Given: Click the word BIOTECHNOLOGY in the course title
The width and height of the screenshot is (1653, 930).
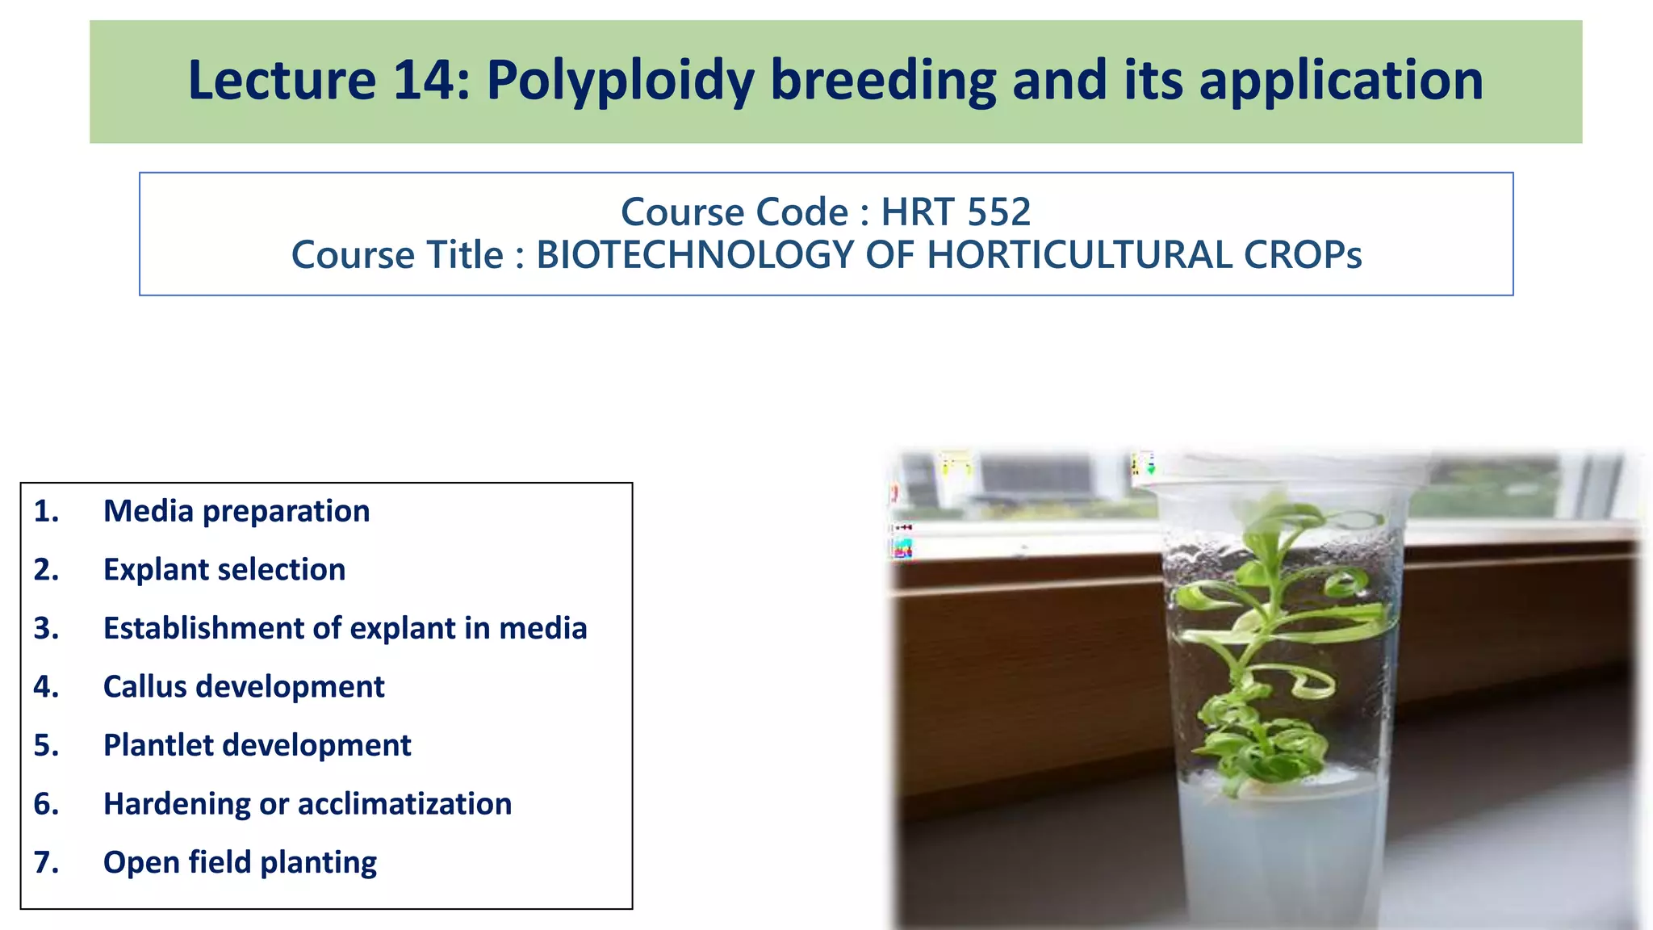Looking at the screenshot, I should (x=694, y=255).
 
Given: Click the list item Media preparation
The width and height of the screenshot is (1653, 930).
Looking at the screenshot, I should (x=236, y=511).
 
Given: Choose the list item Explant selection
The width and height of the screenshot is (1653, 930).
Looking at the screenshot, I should (x=224, y=570).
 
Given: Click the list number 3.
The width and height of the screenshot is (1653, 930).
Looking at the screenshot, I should (x=46, y=628).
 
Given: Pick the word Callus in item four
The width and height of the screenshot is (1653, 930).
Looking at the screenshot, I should (x=144, y=687).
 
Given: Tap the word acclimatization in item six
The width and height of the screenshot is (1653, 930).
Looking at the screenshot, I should (x=404, y=804).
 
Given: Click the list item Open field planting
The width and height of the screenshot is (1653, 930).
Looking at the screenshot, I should (x=240, y=862).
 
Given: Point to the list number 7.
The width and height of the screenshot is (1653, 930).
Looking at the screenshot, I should (x=46, y=862).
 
